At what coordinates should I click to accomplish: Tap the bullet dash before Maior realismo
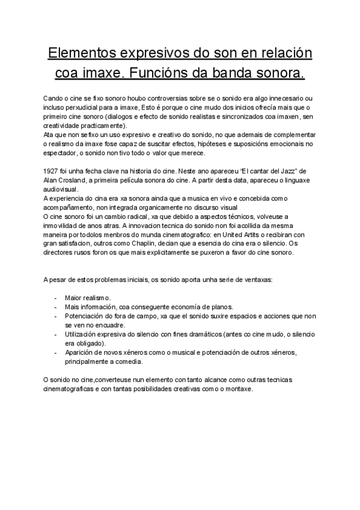click(x=55, y=298)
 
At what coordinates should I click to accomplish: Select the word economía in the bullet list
click(x=179, y=306)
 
